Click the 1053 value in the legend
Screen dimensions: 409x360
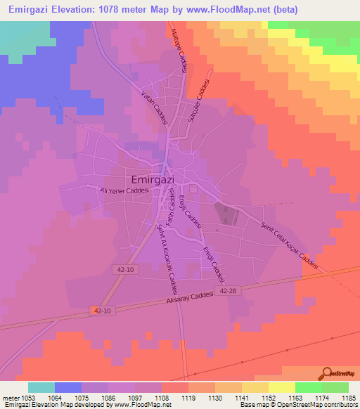pos(27,398)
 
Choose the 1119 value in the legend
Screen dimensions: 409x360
pos(188,398)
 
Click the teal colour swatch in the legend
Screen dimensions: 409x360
pos(41,387)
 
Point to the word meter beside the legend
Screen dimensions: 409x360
pos(10,398)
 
